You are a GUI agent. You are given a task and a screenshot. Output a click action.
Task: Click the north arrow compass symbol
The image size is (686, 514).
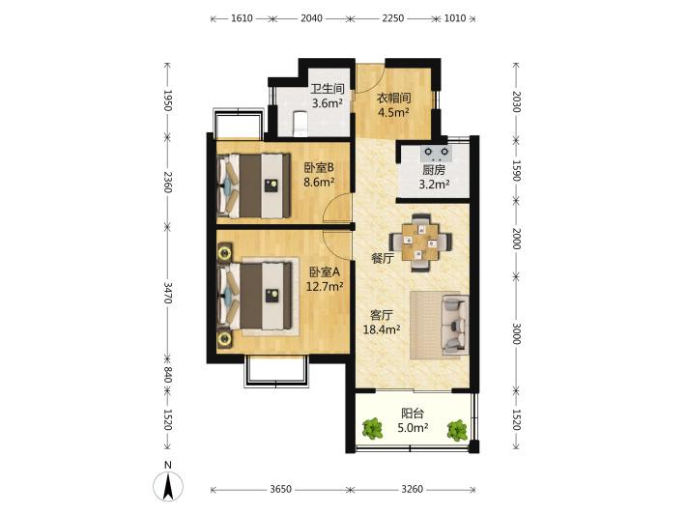point(168,485)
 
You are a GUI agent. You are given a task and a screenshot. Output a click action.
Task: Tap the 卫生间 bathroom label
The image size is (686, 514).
point(328,89)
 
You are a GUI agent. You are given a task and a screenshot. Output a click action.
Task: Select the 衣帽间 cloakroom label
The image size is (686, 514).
point(394,98)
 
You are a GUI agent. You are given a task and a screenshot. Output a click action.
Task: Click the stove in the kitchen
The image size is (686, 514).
point(436,153)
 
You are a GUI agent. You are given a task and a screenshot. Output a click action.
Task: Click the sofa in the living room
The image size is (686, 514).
point(454,325)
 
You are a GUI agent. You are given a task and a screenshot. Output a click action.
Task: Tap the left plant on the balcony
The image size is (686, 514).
point(372,429)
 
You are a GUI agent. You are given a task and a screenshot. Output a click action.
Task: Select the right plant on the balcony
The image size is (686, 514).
point(457,430)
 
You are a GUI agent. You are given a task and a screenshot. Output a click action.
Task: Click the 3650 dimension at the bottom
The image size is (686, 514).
point(280,489)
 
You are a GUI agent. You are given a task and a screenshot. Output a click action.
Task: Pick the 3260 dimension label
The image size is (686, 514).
point(413,489)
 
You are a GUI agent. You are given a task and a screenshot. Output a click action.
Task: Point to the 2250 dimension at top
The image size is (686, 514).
point(393,18)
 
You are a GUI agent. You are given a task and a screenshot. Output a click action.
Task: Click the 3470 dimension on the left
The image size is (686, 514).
point(168,293)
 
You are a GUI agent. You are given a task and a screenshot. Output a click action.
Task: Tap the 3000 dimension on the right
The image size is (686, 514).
point(517,333)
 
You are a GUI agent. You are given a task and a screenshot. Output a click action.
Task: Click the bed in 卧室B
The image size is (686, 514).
point(254,186)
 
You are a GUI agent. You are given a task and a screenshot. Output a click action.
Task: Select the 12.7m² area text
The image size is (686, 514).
point(325,287)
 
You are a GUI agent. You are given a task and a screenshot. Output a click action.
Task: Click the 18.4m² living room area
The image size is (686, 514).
point(382,329)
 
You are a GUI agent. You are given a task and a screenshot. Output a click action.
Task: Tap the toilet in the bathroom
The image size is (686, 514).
point(300,124)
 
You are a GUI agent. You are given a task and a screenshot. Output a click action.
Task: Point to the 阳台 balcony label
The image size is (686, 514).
point(413,414)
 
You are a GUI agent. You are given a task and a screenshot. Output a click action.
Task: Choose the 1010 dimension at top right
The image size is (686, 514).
point(454,18)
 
